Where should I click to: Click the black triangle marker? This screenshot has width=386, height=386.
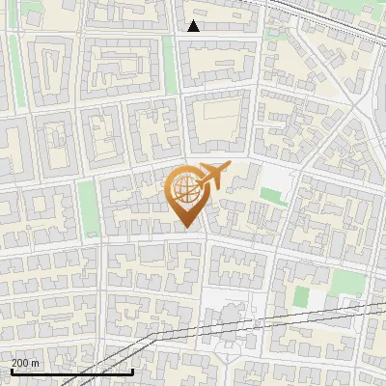pyautogui.click(x=194, y=26)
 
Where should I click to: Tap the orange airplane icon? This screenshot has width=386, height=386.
pyautogui.click(x=213, y=178)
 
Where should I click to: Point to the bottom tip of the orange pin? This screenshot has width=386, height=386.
pyautogui.click(x=186, y=228)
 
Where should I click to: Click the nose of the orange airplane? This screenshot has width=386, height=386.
pyautogui.click(x=229, y=166)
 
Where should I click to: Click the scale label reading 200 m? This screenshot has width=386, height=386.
pyautogui.click(x=25, y=363)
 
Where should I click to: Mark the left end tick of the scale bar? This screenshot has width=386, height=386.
pyautogui.click(x=12, y=371)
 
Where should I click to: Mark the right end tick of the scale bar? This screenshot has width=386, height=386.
pyautogui.click(x=132, y=371)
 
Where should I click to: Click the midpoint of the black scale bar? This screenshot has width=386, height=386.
pyautogui.click(x=72, y=372)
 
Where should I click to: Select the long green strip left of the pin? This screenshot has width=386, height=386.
pyautogui.click(x=89, y=208)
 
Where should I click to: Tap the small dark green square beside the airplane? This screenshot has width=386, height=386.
pyautogui.click(x=267, y=197)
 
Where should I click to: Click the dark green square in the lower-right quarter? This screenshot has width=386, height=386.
pyautogui.click(x=301, y=295)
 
